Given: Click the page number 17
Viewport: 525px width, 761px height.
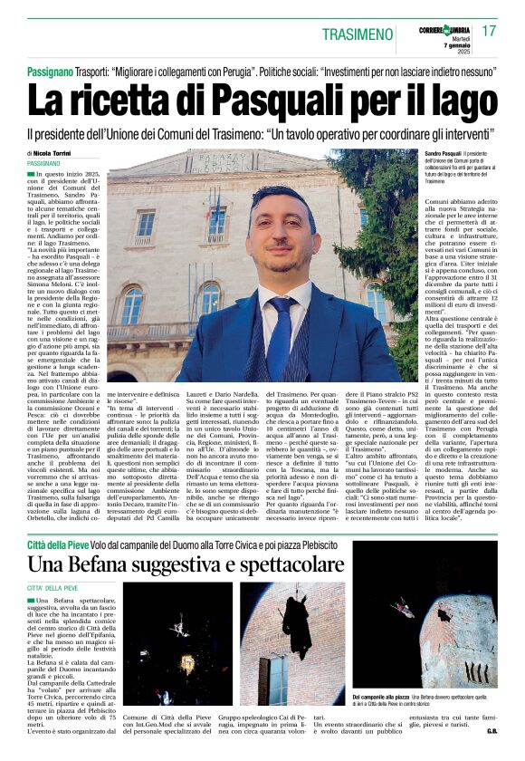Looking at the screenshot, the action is click(490, 31).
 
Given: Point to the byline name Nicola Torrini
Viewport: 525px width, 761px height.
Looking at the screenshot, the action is click(58, 154).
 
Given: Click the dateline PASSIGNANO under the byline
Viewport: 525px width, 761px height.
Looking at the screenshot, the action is click(43, 163).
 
